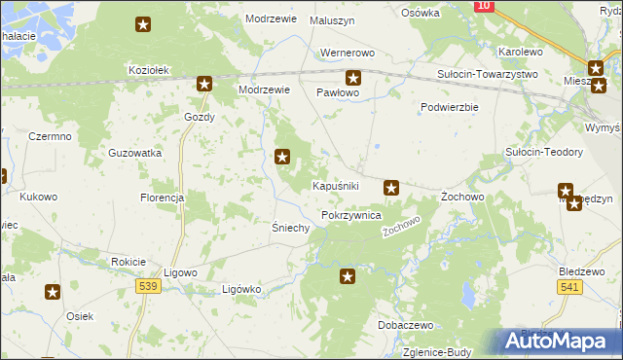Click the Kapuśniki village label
pyautogui.click(x=337, y=186)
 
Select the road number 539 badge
pyautogui.click(x=148, y=285)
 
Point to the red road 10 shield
pyautogui.click(x=484, y=6)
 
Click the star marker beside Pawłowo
pyautogui.click(x=353, y=78)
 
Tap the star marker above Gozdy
pyautogui.click(x=204, y=84)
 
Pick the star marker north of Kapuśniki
pyautogui.click(x=282, y=155)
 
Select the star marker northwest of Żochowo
pyautogui.click(x=391, y=187)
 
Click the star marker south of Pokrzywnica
pyautogui.click(x=348, y=277)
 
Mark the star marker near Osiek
pyautogui.click(x=53, y=291)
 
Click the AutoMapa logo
pyautogui.click(x=558, y=342)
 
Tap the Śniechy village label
pyautogui.click(x=290, y=228)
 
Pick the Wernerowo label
pyautogui.click(x=348, y=54)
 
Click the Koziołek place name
pyautogui.click(x=150, y=70)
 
